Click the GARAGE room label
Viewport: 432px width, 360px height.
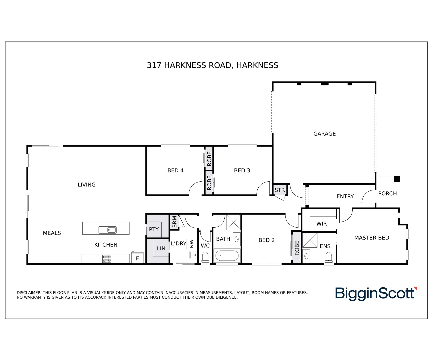point(324,134)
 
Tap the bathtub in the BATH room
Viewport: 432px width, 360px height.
point(227,256)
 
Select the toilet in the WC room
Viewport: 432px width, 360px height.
point(205,257)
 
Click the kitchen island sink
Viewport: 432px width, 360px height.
point(107,230)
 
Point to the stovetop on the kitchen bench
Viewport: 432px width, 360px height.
point(107,258)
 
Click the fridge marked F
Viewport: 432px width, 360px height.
point(137,258)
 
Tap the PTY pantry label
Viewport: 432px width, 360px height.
point(154,229)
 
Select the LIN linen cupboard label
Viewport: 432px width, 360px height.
point(161,248)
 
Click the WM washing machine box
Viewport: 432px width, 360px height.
point(191,244)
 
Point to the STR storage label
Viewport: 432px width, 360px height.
point(280,190)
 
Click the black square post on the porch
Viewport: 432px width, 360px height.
point(396,179)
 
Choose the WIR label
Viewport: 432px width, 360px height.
point(321,224)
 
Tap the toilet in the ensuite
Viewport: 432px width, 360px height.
point(329,257)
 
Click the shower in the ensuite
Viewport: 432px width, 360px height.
point(310,240)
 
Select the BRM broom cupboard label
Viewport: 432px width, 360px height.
point(174,222)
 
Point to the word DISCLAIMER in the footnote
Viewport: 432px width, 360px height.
point(29,293)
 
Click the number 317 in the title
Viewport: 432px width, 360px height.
point(154,65)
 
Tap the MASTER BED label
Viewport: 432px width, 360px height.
point(372,238)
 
